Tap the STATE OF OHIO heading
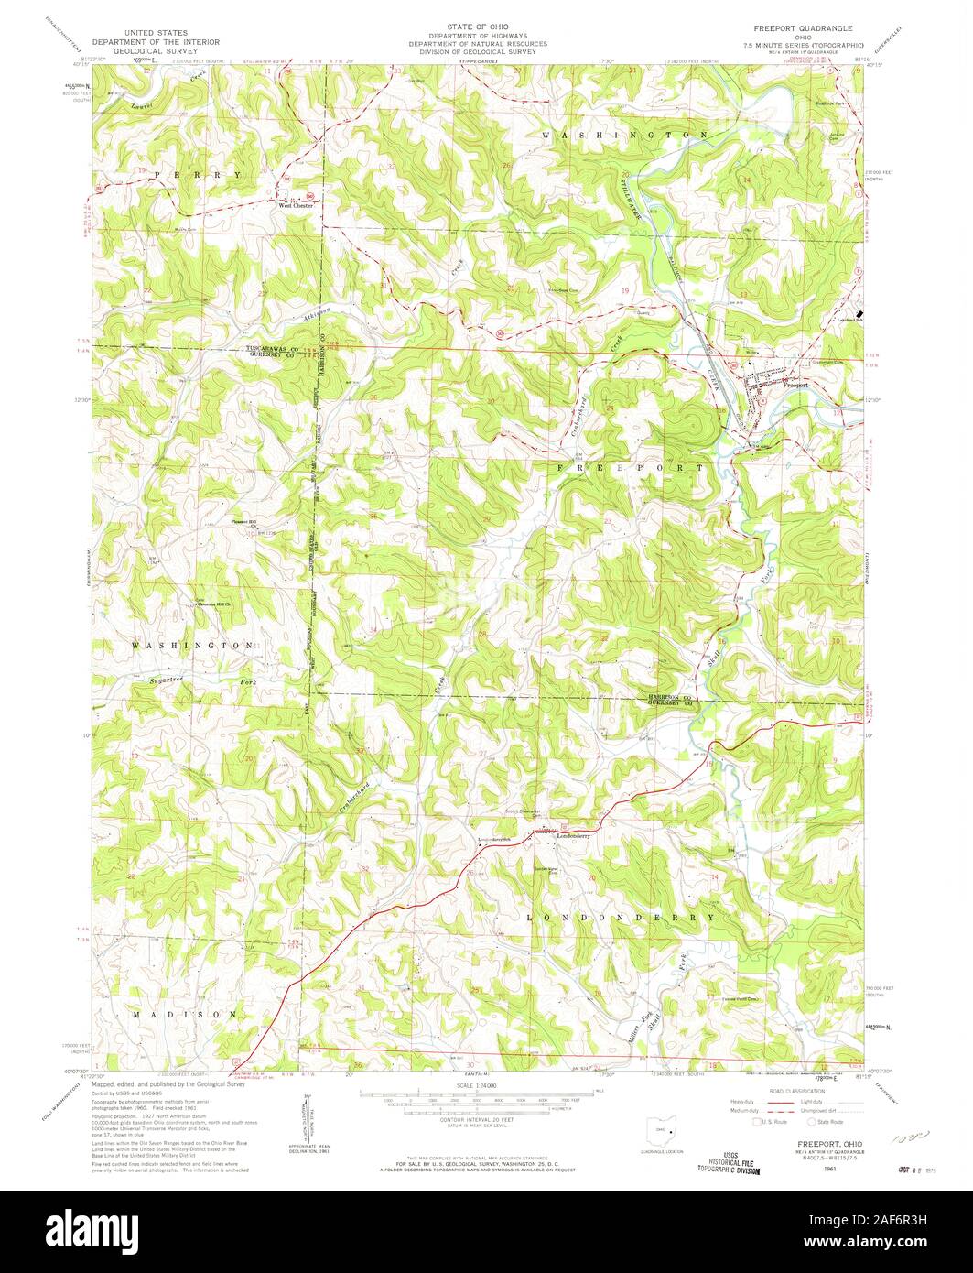pyautogui.click(x=478, y=28)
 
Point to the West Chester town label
pyautogui.click(x=296, y=206)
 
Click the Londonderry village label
pyautogui.click(x=569, y=835)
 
